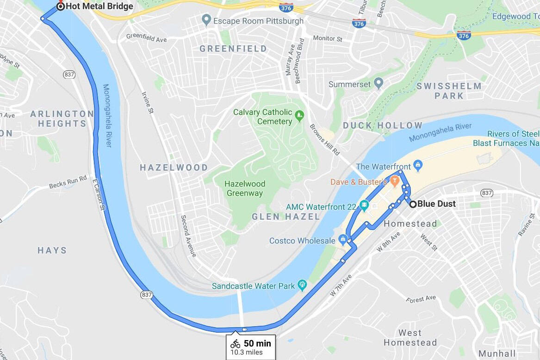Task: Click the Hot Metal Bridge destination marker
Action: click(x=60, y=6)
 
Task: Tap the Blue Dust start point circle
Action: click(x=413, y=204)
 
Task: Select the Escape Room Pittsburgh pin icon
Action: click(x=207, y=20)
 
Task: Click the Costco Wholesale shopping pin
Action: click(x=343, y=239)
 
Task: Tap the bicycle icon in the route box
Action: click(x=236, y=343)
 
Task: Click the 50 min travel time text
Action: click(x=257, y=343)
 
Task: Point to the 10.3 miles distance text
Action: click(x=247, y=352)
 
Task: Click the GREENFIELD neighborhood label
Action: click(x=233, y=49)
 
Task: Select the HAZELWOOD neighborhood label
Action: click(x=174, y=168)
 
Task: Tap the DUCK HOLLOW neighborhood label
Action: click(x=383, y=125)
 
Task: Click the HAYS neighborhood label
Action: click(x=52, y=250)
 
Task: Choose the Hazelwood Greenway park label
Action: click(x=245, y=189)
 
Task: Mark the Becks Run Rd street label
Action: click(x=68, y=182)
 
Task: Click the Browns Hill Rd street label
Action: click(x=325, y=140)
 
